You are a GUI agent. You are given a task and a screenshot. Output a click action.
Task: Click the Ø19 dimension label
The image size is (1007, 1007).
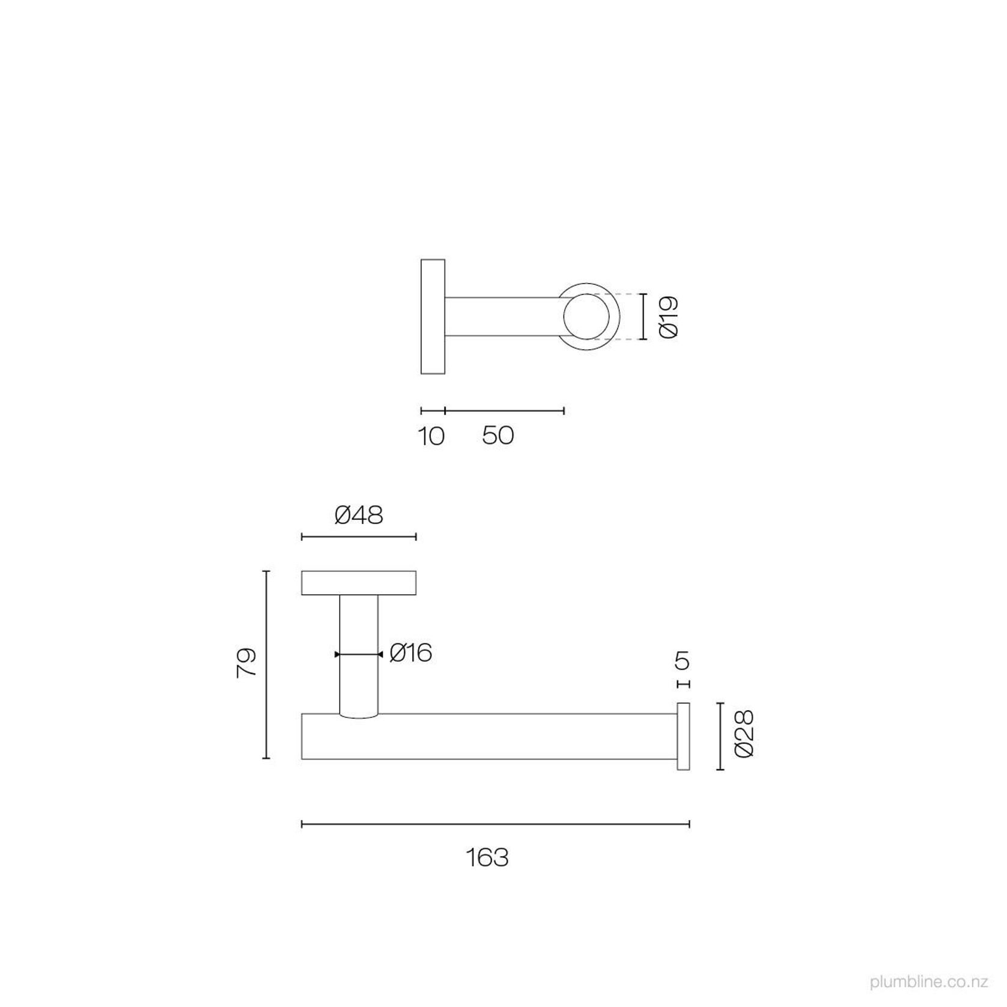[669, 317]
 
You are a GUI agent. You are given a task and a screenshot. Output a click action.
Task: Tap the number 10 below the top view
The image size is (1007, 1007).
[431, 436]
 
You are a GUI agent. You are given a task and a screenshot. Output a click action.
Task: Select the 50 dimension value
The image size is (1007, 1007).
[498, 436]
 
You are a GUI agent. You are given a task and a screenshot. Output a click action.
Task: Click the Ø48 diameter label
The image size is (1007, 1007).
[359, 516]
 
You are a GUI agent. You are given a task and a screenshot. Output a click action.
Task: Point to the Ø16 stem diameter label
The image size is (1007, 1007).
[411, 653]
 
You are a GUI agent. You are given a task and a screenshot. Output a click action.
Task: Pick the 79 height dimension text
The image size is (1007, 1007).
[247, 663]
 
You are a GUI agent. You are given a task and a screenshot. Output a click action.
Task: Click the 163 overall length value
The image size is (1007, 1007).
[487, 857]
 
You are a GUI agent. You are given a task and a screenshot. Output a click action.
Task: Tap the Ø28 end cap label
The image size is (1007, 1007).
[744, 734]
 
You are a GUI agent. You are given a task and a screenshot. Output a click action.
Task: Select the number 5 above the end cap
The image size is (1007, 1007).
[682, 662]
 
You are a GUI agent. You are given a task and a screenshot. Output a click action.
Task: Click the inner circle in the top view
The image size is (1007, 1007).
[586, 317]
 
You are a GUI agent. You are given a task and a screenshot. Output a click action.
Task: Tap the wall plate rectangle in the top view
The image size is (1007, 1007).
[433, 317]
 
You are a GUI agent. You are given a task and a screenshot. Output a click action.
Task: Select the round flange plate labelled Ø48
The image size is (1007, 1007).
[359, 583]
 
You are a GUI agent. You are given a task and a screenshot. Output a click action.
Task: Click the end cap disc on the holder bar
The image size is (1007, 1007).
[683, 736]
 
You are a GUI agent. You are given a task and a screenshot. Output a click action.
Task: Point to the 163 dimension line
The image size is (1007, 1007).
[495, 824]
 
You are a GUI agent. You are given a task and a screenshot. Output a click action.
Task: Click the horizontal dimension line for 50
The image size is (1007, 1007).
[504, 411]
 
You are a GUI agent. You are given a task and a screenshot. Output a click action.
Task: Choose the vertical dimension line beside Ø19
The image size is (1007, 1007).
[643, 317]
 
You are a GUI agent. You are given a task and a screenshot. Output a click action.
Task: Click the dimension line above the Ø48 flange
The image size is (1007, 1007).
[359, 537]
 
